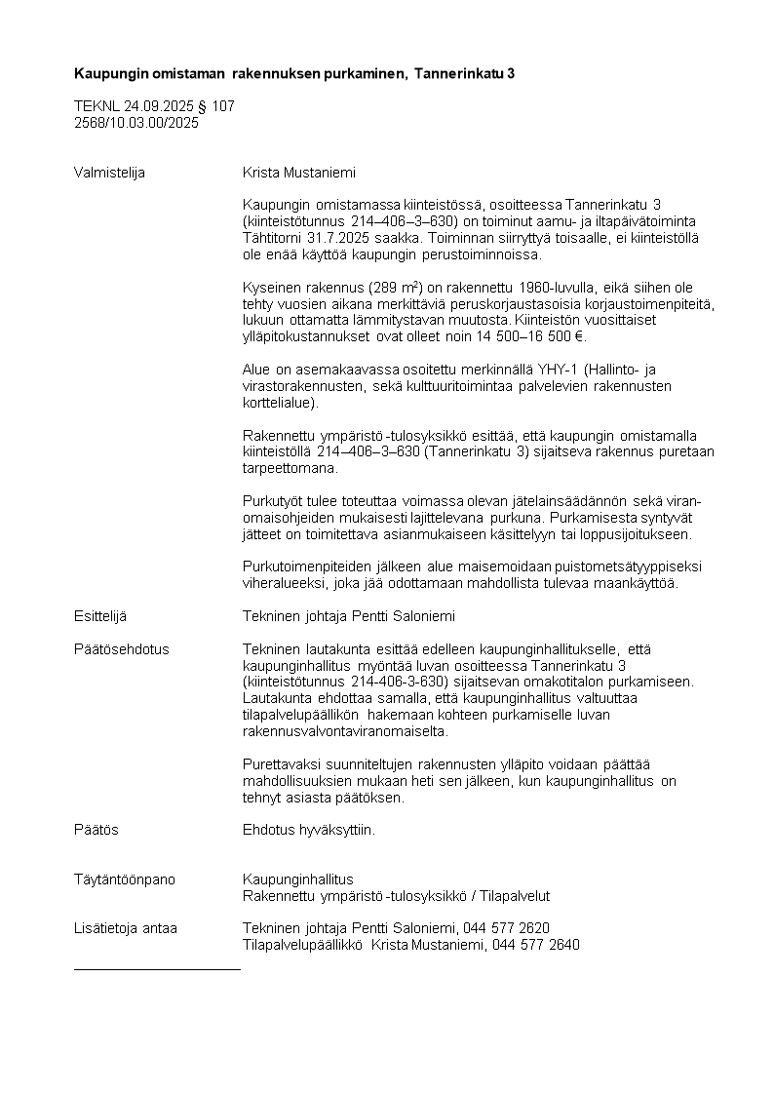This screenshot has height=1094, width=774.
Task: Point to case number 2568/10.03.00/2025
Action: (136, 123)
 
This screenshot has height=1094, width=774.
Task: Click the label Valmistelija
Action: (109, 173)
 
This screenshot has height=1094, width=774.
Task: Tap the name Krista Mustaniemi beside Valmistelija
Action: (299, 173)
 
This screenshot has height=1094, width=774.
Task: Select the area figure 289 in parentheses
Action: (383, 288)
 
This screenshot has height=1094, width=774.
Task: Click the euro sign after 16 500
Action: (580, 336)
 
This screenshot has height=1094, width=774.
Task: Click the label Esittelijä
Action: (100, 616)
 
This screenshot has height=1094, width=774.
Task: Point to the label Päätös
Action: (97, 830)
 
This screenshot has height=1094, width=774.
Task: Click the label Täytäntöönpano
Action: (125, 879)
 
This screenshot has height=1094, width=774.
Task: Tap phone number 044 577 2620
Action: (508, 928)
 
